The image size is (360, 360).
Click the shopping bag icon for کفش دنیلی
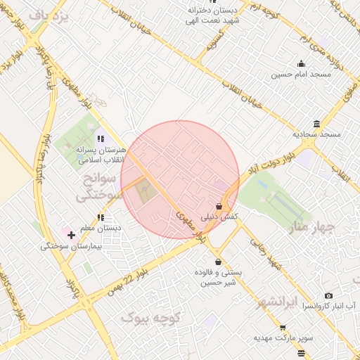(x=219, y=207)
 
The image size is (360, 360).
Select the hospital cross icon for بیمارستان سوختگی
(x=71, y=234)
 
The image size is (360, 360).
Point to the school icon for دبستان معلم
(x=101, y=217)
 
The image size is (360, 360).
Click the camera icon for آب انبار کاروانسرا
(x=328, y=296)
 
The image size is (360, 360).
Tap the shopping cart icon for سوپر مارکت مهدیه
(x=283, y=328)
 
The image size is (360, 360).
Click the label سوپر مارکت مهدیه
(x=283, y=338)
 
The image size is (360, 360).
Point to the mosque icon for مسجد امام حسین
(x=302, y=63)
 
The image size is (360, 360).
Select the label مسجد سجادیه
(x=316, y=134)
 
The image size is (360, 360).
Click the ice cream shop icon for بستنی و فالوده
(x=218, y=262)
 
